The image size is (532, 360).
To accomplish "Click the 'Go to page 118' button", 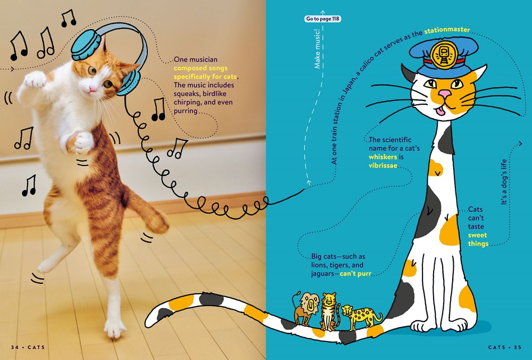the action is pos(323,19).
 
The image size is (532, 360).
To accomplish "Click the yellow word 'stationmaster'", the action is pos(447,30).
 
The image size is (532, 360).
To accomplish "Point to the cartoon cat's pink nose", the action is pos(444,94).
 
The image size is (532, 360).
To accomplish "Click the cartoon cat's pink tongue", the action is pos(440,111).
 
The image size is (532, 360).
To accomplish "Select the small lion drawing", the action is pos(306,308).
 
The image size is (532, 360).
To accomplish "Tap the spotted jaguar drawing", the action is pos(361,316).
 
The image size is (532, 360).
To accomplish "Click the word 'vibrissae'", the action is pos(383,166).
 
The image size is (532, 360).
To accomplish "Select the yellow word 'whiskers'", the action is pos(383,157).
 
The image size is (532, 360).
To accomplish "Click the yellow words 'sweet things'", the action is pos(478,239).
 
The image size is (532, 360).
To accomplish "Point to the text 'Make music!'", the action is pos(317,48).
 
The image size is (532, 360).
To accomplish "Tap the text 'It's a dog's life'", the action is pos(503,182).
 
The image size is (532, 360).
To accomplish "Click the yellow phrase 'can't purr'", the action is pos(355,273).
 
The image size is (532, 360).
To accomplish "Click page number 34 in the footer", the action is pos(14,347).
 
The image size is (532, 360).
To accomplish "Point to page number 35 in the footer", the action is pos(518,347).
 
